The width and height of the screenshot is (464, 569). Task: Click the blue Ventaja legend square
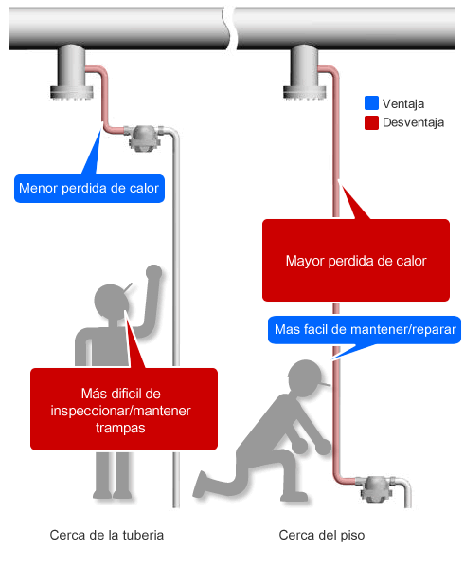pos(371,103)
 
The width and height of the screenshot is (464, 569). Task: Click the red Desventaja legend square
pos(371,122)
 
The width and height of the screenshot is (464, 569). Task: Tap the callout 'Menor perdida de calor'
pos(89,189)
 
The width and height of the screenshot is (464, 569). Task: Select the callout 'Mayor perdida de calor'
pos(356,260)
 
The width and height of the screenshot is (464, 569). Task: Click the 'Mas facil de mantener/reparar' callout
pos(365,329)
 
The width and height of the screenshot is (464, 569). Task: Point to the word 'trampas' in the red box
pos(120,428)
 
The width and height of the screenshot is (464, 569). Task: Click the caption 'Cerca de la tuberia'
pos(106,535)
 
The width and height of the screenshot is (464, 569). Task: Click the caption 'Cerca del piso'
pos(322,535)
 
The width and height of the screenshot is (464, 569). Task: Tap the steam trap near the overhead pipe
pos(144,138)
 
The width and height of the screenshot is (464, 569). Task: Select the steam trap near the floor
pos(376,488)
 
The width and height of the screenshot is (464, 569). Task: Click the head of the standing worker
pos(112,302)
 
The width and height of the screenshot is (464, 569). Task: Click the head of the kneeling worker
pos(305,378)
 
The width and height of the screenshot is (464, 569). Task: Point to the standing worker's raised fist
pos(154,272)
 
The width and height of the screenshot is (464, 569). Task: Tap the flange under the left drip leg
pos(72,92)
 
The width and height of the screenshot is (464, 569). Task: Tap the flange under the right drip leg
pos(305,92)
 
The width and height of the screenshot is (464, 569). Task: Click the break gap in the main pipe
pos(232,28)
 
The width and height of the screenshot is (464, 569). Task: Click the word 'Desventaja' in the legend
pos(413,122)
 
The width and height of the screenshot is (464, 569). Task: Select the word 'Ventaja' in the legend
pos(403,103)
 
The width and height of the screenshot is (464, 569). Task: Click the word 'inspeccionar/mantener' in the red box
pos(120,411)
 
